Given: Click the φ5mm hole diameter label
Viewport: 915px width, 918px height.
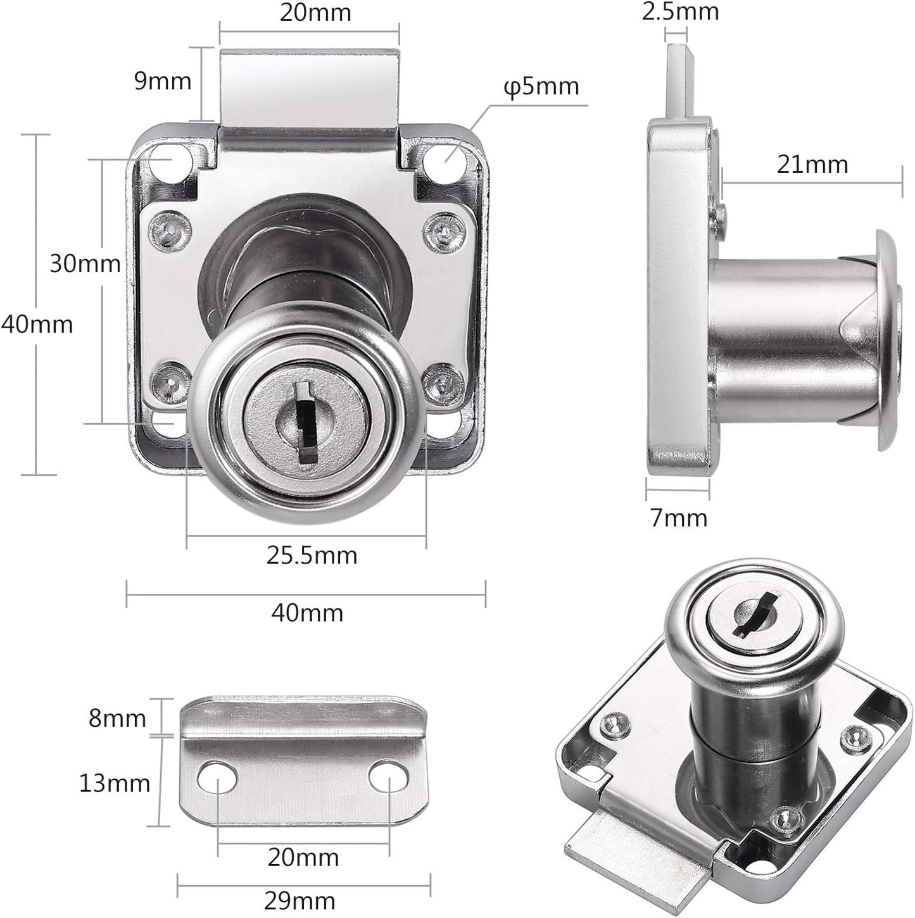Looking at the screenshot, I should coord(541,86).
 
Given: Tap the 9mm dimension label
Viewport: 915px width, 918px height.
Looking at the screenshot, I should coord(163,81).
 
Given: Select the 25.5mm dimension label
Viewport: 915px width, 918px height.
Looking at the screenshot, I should coord(312,555).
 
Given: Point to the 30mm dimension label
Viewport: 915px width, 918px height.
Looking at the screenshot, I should coord(85,263).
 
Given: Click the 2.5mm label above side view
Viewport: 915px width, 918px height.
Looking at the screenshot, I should coord(680,11).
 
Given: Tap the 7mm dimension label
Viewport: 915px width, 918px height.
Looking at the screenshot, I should coord(678,518).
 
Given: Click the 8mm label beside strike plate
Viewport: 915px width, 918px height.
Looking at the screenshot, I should coord(117,719).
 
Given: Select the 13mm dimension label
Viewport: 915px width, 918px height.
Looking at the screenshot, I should coord(115,783).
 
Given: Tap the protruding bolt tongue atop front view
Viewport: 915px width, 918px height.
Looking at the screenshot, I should coord(310,85).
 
